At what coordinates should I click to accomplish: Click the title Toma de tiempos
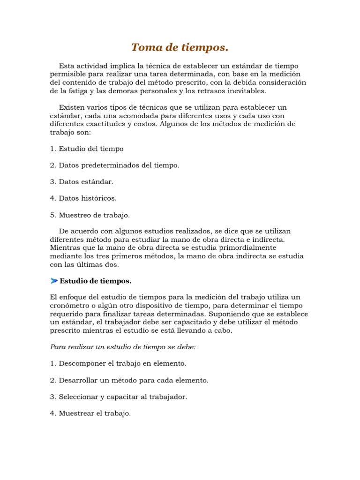180,47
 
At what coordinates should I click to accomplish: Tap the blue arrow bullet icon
53,281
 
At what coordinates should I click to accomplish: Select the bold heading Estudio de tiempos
96,281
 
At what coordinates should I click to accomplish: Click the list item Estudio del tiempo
87,149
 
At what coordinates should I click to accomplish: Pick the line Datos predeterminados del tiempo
114,165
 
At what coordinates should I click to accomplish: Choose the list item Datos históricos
83,198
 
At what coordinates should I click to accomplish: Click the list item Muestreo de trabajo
90,215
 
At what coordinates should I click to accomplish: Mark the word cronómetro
68,306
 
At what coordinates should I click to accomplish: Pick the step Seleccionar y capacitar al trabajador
118,397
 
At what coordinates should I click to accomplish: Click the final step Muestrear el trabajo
90,413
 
